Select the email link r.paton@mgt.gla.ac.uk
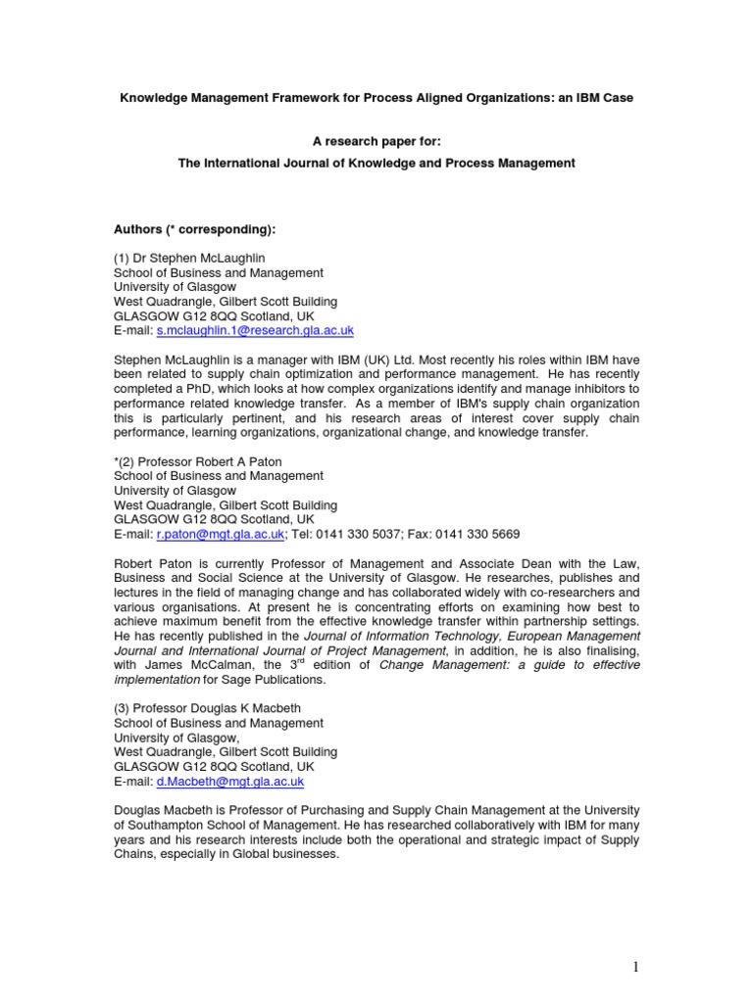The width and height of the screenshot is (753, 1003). point(220,534)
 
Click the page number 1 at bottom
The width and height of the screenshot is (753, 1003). point(634,968)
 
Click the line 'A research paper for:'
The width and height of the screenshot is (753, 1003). point(376,140)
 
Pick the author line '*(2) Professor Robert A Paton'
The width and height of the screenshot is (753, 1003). point(204,460)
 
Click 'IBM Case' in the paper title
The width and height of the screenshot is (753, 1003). point(603,99)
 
